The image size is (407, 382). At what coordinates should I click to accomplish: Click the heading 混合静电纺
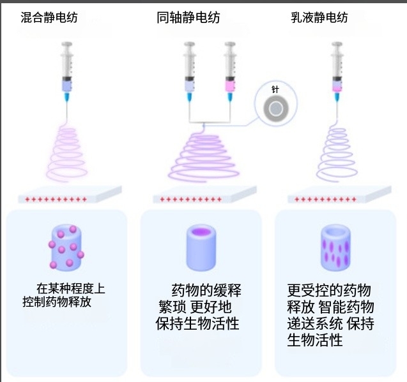(49, 18)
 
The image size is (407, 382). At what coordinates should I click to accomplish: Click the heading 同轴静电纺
(188, 18)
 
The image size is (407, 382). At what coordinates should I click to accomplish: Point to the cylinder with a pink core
(202, 247)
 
